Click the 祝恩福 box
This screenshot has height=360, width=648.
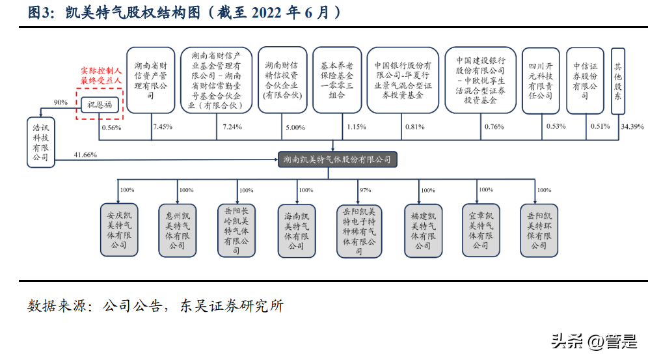(x=100, y=105)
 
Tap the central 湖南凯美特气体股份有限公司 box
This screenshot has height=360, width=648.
(x=336, y=159)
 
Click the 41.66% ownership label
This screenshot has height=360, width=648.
(x=85, y=154)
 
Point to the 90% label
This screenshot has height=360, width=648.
(x=61, y=103)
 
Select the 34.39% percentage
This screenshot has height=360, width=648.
(x=632, y=126)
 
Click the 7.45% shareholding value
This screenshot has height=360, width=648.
(x=162, y=126)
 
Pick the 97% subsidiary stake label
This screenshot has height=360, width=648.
(x=366, y=190)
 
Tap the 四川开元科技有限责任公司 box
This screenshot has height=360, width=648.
(x=540, y=81)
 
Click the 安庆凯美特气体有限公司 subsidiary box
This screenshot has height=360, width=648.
(x=118, y=229)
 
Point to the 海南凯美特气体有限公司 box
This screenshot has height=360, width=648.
(x=295, y=229)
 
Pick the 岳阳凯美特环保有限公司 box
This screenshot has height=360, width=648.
(x=538, y=229)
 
